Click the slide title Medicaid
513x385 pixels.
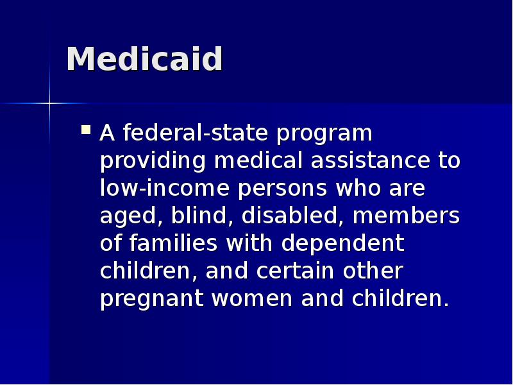click(144, 60)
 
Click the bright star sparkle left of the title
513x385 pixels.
click(49, 103)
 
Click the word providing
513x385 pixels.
click(153, 162)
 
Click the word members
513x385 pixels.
click(406, 216)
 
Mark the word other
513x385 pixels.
click(373, 271)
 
